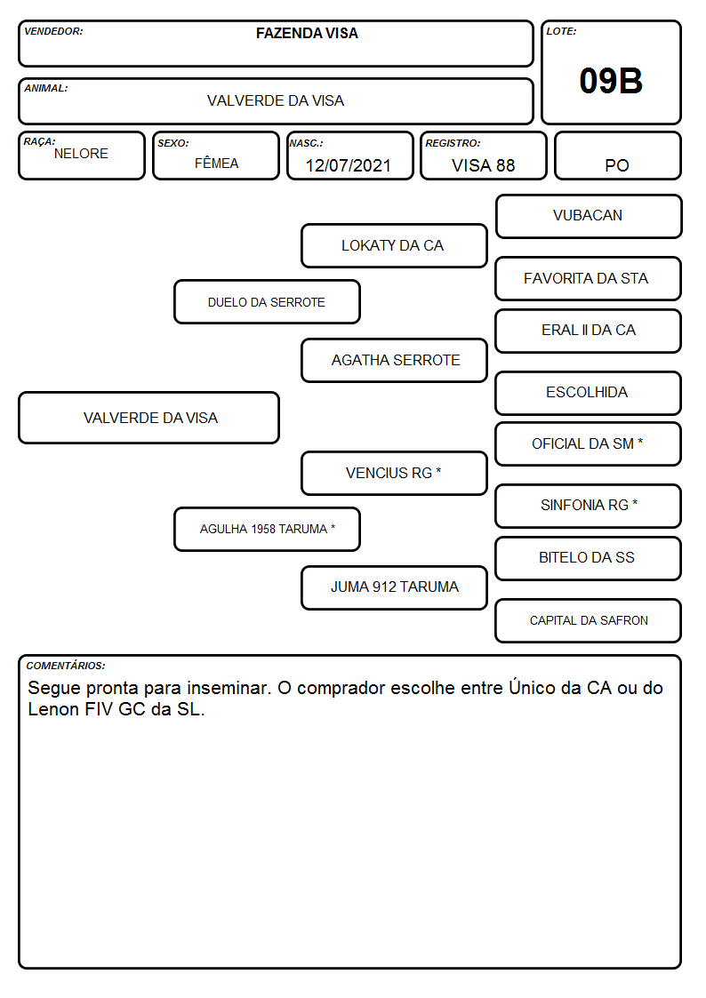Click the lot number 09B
point(611,81)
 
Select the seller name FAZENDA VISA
point(307,33)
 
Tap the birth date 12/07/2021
point(348,165)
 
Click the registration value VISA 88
point(483,165)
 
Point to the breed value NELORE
point(81,154)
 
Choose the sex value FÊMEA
point(216,163)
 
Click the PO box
point(617,156)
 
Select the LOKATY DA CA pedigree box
point(394,245)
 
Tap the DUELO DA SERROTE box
point(267,301)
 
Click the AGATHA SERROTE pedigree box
point(394,360)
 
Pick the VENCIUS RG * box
point(394,473)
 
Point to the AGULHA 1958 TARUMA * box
point(267,529)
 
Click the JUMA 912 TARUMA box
point(394,587)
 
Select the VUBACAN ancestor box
point(589,217)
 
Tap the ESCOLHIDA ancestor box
point(589,393)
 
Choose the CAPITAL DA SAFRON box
point(589,620)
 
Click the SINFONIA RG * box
point(589,506)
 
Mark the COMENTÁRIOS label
point(66,666)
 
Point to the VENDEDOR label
point(53,31)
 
